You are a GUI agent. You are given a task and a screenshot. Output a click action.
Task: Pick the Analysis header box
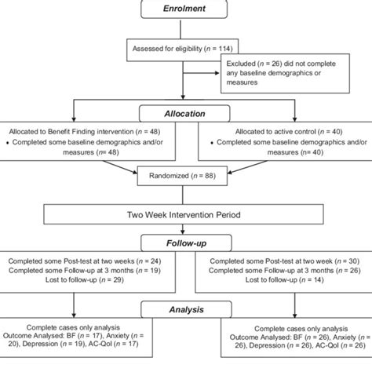tap(185, 310)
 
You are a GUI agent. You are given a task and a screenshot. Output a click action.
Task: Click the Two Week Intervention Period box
tap(185, 213)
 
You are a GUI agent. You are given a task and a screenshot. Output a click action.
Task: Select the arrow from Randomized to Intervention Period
tap(185, 193)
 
